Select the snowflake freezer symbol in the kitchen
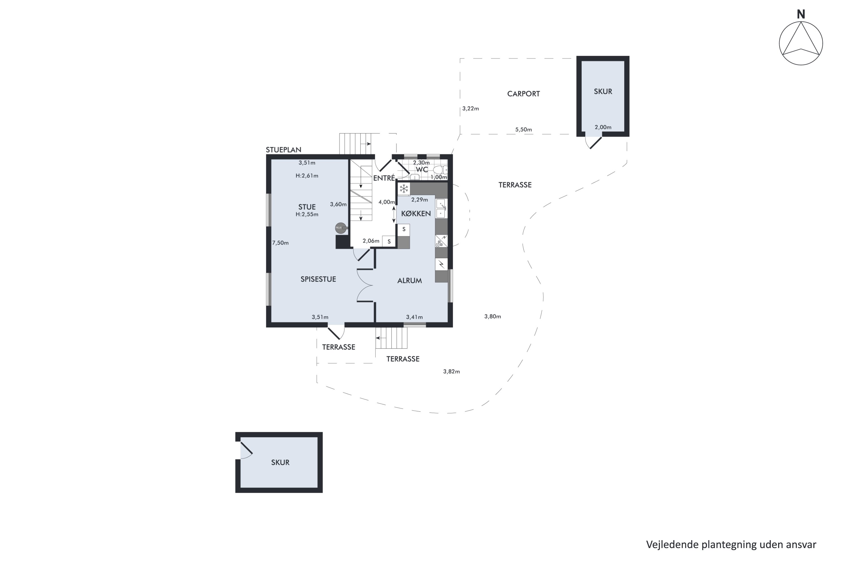pos(404,188)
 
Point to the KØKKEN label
pos(416,213)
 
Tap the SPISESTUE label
pos(318,279)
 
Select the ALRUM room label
pos(409,280)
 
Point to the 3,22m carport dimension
pos(470,108)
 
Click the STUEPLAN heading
pos(283,149)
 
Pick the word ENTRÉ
pos(384,178)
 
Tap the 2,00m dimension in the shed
pos(603,127)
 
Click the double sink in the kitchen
pos(441,208)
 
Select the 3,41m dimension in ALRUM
pos(414,317)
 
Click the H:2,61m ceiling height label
pos(307,176)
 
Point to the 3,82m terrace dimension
pos(451,371)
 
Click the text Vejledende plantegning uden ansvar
pos(731,544)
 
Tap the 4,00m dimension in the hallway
pos(387,202)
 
